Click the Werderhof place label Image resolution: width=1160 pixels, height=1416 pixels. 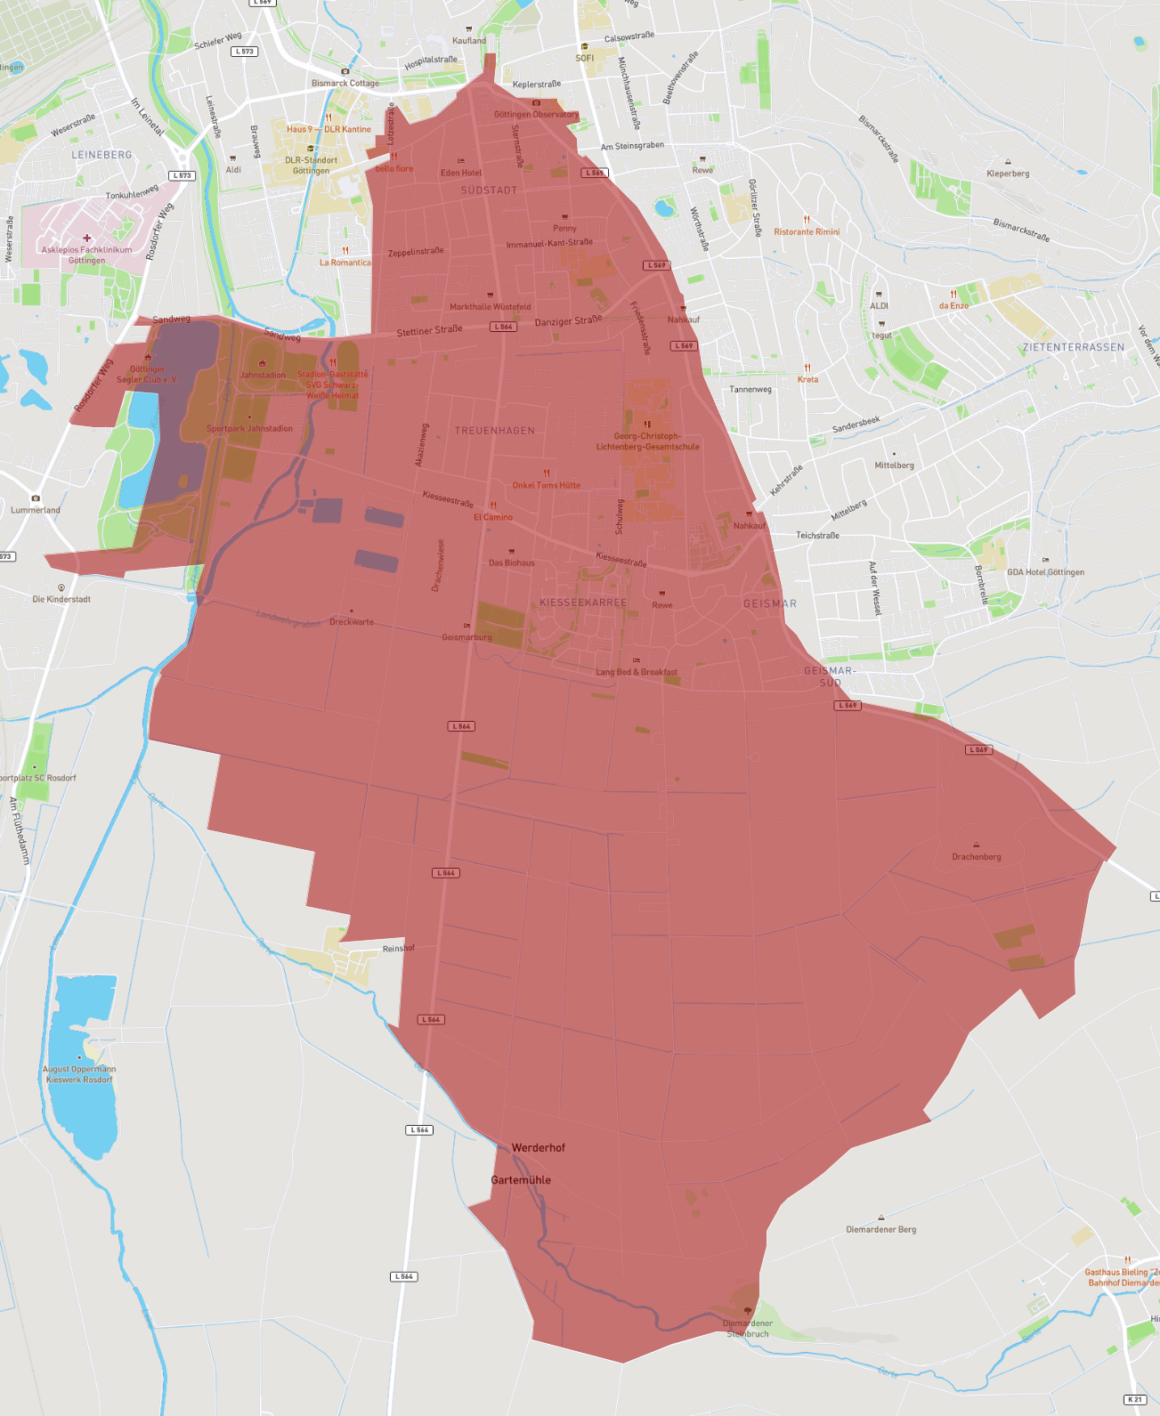tap(538, 1148)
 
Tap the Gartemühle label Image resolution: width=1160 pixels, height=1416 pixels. tap(521, 1180)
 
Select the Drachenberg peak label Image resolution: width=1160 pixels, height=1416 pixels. tap(977, 857)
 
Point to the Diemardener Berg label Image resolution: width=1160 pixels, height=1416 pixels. tap(880, 1229)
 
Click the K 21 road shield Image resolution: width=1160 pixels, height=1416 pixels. tap(1134, 1400)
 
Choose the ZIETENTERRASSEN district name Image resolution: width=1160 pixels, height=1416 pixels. tap(1073, 347)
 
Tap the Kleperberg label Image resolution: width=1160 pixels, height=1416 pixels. tap(1008, 174)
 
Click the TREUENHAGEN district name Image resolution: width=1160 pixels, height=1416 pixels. tap(495, 431)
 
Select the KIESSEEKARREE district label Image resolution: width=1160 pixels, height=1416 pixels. tap(583, 603)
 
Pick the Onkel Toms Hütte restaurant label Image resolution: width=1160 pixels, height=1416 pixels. tap(547, 485)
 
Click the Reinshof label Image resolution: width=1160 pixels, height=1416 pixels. tap(398, 949)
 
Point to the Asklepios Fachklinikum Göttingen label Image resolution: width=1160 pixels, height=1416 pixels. tap(86, 255)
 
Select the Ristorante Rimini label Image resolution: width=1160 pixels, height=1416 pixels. tap(807, 231)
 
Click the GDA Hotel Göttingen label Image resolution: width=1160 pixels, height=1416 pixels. tap(1045, 572)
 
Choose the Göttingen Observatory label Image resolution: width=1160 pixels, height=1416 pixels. tap(536, 114)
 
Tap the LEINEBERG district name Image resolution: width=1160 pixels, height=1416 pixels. tap(101, 155)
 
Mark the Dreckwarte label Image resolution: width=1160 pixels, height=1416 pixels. tap(352, 622)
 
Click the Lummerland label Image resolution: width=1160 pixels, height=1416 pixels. tap(36, 510)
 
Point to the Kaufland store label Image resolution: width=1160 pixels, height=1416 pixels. tap(469, 40)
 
